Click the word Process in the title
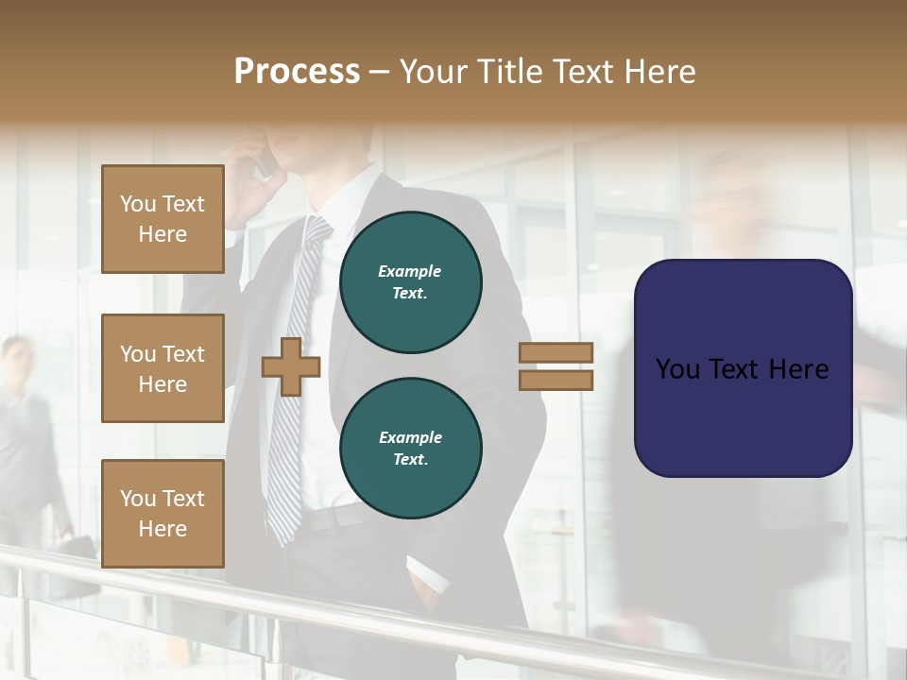coord(297,72)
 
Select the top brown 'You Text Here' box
coord(163,219)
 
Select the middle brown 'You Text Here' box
coord(163,368)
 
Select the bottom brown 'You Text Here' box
coord(163,514)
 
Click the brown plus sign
coord(291,366)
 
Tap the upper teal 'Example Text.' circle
coord(410,282)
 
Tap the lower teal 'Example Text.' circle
coord(410,449)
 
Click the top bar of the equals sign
coord(556,352)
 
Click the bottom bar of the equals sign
coord(556,380)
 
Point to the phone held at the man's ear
coord(265,162)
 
